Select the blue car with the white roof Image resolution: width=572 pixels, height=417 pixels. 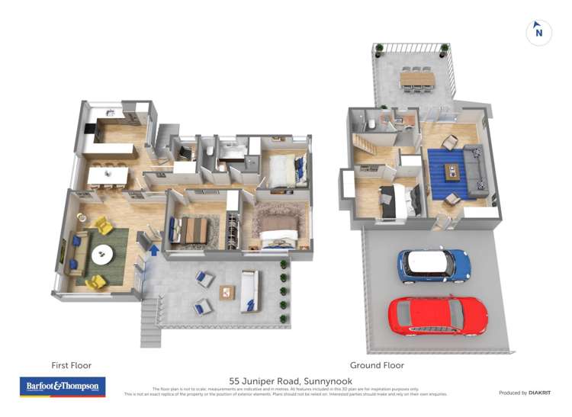pos(433,264)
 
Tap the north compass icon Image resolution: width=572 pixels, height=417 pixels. pos(539,32)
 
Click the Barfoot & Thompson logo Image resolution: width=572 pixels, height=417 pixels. pos(62,387)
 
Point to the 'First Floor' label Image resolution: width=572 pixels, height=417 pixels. pos(71,366)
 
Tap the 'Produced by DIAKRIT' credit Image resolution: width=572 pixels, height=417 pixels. pos(525,393)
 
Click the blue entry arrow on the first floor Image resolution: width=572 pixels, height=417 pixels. pos(155,249)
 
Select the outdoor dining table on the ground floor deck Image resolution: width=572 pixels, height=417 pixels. pos(416,77)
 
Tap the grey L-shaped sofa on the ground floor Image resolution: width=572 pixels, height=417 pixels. pos(475,169)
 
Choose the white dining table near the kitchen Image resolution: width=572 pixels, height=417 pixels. pos(107,176)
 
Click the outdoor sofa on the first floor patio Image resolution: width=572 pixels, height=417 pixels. pos(249,291)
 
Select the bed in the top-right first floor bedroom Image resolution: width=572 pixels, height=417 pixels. pos(285,169)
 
